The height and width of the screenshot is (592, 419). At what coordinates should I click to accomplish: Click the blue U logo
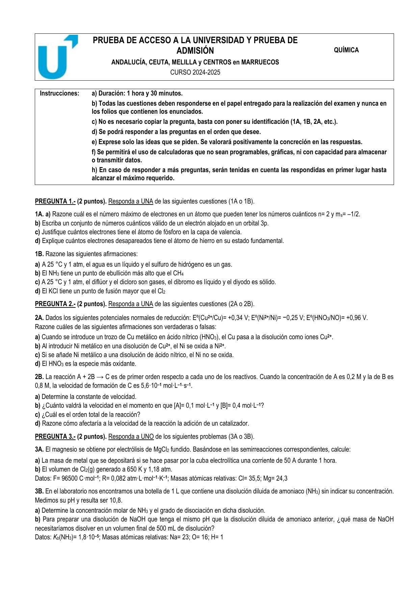[x=56, y=57]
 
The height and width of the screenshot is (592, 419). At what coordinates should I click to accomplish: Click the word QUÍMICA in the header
[x=346, y=50]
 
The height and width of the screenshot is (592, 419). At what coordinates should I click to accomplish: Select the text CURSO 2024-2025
[x=195, y=72]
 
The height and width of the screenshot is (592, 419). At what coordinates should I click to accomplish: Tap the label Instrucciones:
[x=59, y=93]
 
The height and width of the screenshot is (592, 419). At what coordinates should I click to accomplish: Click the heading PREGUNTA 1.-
[x=55, y=201]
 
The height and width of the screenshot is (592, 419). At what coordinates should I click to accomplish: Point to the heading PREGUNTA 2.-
[x=55, y=304]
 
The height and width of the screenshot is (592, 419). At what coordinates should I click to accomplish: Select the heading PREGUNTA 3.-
[x=55, y=437]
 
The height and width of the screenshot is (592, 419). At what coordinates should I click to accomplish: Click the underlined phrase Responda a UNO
[x=131, y=437]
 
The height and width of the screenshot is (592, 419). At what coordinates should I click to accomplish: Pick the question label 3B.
[x=39, y=491]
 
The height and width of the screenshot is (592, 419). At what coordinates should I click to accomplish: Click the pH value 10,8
[x=116, y=500]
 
